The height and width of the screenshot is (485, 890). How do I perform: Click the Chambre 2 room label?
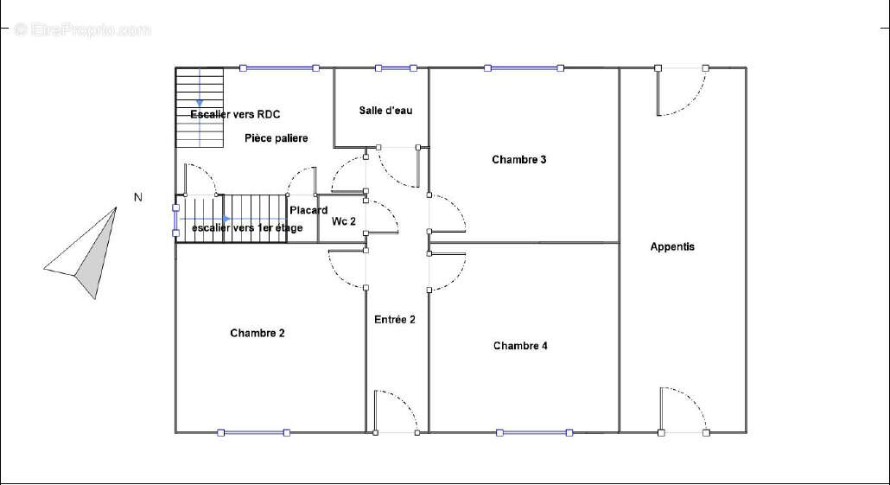click(257, 334)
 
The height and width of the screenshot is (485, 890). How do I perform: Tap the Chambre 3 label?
click(518, 160)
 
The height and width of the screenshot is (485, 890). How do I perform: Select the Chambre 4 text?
click(520, 346)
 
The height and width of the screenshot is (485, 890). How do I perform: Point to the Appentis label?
click(672, 247)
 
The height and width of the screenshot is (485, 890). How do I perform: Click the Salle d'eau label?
click(385, 110)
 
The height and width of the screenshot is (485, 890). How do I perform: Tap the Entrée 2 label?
click(395, 320)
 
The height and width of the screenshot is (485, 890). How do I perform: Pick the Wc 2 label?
click(343, 221)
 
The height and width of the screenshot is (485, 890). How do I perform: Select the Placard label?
click(308, 210)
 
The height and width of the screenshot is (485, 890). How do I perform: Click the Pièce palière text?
click(277, 138)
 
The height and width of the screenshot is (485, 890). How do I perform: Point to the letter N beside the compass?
click(138, 197)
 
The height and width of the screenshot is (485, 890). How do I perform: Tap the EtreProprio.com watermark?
click(83, 29)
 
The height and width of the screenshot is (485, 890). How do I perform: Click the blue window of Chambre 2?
click(254, 433)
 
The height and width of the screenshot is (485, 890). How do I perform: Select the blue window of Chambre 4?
click(534, 433)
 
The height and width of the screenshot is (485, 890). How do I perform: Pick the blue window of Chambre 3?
click(524, 68)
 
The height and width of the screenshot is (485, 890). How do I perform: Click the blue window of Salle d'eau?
click(396, 68)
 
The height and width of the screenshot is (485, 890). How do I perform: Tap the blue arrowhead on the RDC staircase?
click(200, 104)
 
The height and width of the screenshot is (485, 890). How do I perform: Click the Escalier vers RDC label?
click(235, 114)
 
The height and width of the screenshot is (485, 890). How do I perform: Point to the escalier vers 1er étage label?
click(247, 227)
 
